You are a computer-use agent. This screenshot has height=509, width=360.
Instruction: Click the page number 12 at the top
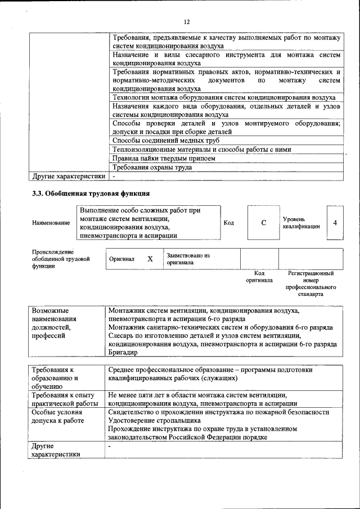click(x=187, y=22)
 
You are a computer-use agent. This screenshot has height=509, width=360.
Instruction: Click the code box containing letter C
click(x=263, y=223)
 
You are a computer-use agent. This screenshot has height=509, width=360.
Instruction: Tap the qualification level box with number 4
click(x=335, y=223)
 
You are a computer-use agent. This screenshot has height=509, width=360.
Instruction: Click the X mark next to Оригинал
click(x=150, y=259)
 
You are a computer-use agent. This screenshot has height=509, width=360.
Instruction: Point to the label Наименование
click(x=51, y=223)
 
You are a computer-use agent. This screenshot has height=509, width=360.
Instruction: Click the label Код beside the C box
click(x=229, y=223)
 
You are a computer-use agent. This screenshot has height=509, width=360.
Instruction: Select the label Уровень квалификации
click(x=301, y=222)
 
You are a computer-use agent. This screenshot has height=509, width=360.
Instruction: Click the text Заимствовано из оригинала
click(x=188, y=259)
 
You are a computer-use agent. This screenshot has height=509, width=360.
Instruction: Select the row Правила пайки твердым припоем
click(x=164, y=158)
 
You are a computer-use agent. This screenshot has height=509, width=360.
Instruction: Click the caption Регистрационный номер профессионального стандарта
click(x=310, y=283)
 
